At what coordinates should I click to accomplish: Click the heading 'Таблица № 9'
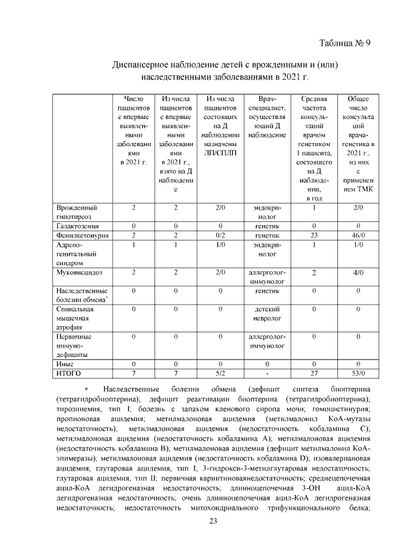point(345,43)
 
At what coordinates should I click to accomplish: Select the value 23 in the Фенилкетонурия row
point(313,236)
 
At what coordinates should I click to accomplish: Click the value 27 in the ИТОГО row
point(313,373)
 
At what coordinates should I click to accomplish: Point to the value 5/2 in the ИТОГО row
point(220,373)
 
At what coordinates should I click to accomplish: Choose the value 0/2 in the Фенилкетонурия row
point(220,236)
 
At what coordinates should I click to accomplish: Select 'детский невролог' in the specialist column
point(267,313)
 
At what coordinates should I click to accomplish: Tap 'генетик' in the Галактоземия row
point(267,226)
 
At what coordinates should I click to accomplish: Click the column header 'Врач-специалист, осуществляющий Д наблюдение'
point(267,117)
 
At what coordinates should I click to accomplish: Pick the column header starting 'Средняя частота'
point(313,148)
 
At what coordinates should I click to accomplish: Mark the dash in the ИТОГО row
point(267,374)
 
